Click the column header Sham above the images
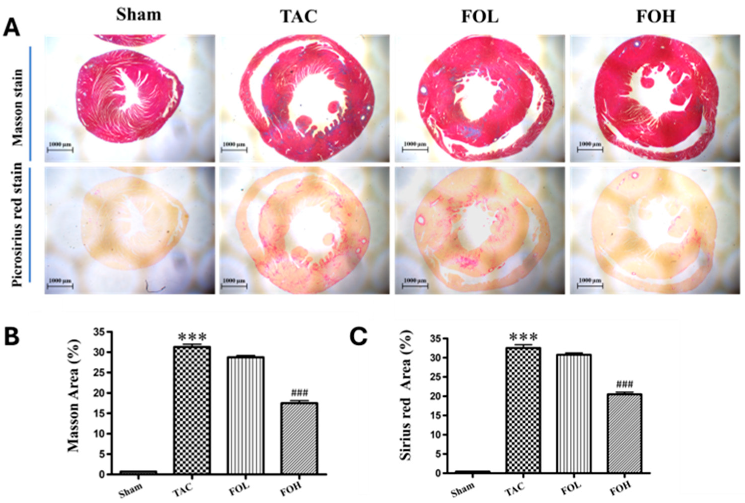point(139,15)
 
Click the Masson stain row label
point(18,107)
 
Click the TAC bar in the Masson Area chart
point(192,410)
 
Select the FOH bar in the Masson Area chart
point(299,438)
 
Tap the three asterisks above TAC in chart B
point(192,337)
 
